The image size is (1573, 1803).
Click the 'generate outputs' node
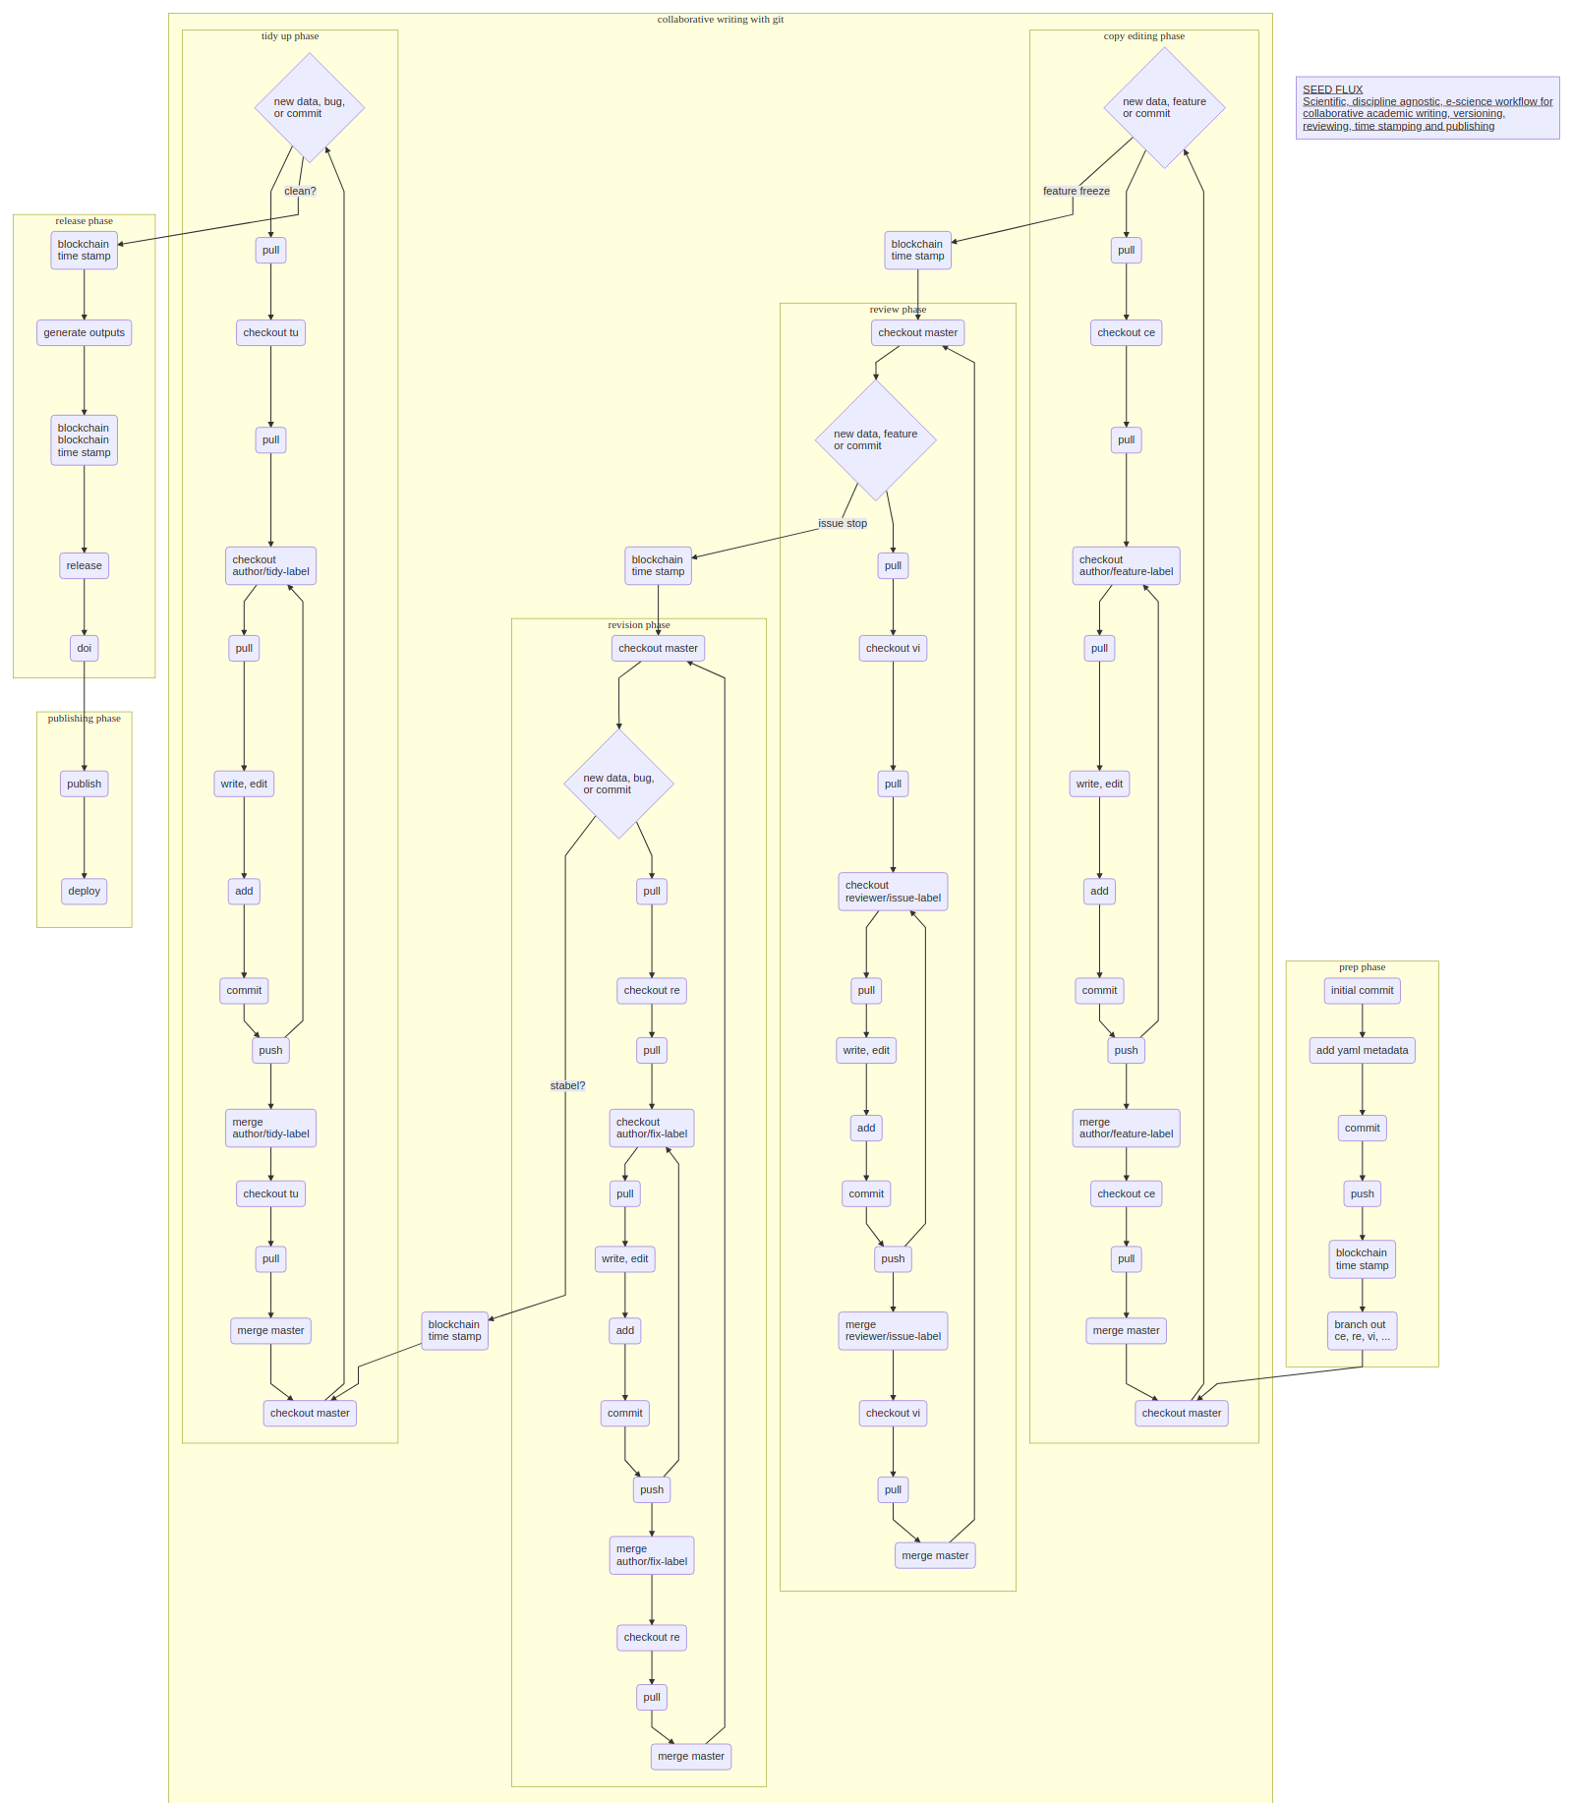(84, 332)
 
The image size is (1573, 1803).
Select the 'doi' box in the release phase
(84, 648)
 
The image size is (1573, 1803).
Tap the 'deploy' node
(84, 891)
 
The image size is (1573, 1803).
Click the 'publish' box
(84, 784)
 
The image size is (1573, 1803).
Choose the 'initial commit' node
(1362, 990)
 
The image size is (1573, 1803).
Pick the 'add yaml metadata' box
(1362, 1050)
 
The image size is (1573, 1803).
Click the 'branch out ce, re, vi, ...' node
(1362, 1330)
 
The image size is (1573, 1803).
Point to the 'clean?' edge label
(300, 191)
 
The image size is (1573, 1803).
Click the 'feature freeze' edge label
(1076, 191)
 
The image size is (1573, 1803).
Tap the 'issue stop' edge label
(843, 523)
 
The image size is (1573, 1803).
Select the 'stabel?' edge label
(567, 1085)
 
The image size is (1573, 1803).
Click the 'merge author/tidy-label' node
(270, 1128)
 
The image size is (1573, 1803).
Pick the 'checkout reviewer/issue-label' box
(893, 892)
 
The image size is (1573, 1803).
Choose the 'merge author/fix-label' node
(651, 1554)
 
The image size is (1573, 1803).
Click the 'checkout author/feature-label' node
(1126, 565)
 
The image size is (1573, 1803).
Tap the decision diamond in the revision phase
(618, 784)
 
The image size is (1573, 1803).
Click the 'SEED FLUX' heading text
(1332, 89)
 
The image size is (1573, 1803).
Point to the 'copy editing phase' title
(1143, 36)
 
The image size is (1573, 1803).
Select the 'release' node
(84, 565)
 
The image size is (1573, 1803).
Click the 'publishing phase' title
(84, 719)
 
